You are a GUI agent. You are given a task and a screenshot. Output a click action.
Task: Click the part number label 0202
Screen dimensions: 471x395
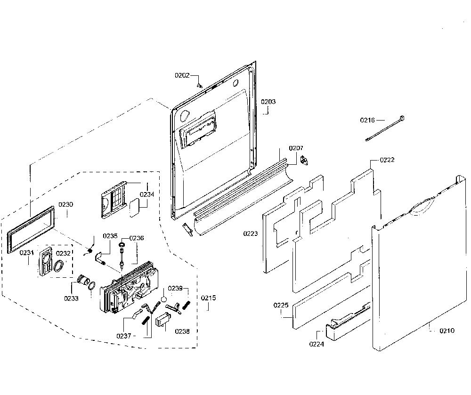click(182, 75)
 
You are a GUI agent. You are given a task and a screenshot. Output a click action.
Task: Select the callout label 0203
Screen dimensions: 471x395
click(268, 102)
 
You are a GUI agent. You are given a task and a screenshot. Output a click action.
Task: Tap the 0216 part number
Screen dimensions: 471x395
click(367, 121)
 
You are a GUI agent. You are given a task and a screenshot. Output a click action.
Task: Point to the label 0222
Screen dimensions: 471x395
click(387, 160)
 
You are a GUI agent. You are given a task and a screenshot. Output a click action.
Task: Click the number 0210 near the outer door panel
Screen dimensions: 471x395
click(447, 331)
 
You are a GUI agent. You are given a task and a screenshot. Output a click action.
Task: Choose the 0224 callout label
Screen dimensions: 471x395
click(317, 344)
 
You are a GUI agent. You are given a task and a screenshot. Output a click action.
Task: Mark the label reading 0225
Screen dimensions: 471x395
click(281, 305)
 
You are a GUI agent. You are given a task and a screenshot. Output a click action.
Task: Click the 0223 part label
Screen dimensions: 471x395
click(251, 234)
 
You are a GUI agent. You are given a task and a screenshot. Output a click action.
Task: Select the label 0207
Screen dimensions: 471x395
click(296, 148)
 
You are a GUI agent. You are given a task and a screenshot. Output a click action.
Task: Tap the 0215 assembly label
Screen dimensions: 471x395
click(209, 298)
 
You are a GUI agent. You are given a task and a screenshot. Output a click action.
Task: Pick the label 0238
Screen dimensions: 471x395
click(182, 331)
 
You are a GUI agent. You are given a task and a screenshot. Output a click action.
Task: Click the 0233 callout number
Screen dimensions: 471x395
click(71, 298)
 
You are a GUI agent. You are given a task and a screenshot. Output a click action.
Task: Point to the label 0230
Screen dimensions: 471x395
click(66, 204)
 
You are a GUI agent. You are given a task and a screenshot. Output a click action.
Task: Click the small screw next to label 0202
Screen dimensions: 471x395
click(199, 86)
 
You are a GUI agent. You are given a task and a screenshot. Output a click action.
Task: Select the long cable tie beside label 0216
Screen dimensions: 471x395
click(385, 128)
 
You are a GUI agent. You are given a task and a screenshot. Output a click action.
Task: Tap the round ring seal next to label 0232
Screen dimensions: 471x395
click(59, 266)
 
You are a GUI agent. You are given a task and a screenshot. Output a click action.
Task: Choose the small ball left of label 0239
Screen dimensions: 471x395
click(164, 299)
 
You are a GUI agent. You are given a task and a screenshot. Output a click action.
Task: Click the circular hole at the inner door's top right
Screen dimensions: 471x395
click(236, 82)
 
